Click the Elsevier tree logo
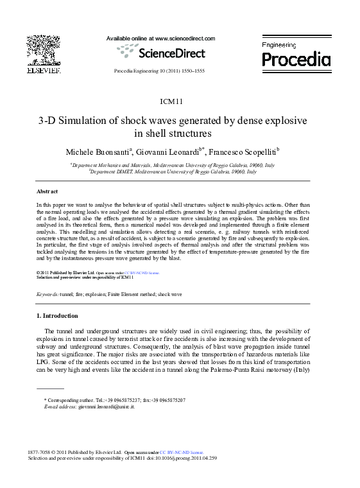(43, 51)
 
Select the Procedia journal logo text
(296, 60)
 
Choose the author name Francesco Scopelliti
(242, 152)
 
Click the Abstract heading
(47, 191)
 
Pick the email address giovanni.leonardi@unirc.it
(106, 407)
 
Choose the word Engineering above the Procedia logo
(279, 45)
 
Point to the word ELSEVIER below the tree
(43, 69)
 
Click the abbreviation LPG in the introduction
(43, 362)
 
